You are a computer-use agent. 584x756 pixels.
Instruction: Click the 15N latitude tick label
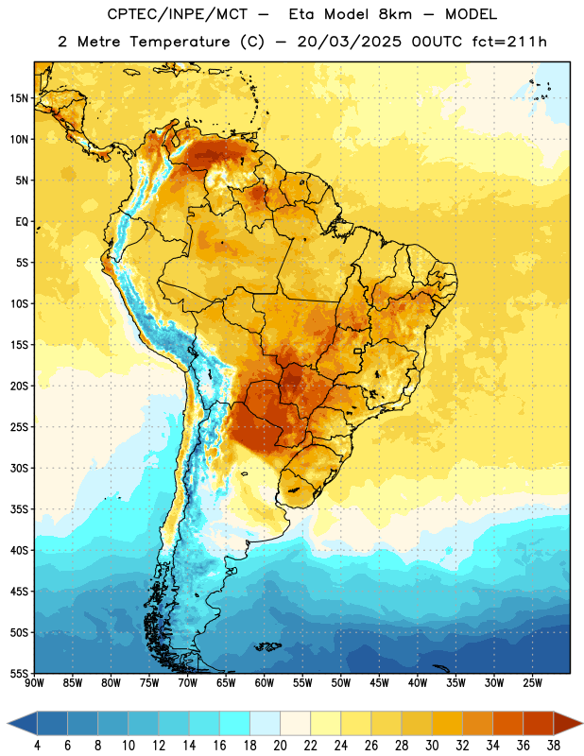19,98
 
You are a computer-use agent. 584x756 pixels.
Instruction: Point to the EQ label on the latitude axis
22,222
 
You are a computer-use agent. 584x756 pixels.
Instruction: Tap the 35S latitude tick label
19,509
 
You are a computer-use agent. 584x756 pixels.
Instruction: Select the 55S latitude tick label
19,674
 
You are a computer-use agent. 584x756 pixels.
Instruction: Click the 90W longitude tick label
34,683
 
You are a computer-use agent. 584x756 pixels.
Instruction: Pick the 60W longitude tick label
265,683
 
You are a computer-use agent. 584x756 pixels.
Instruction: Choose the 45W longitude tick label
379,683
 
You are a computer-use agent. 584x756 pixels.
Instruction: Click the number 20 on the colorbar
280,746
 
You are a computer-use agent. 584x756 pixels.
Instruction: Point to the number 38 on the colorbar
554,746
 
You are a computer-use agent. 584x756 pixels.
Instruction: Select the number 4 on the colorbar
37,746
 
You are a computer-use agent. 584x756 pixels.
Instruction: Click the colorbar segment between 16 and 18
235,723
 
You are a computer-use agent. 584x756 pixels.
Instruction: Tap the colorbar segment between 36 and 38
539,723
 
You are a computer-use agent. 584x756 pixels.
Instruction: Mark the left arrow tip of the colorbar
8,723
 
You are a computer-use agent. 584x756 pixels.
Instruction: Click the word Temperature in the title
180,42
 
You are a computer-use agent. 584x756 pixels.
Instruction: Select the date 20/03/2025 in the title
349,42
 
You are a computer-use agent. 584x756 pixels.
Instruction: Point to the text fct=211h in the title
509,42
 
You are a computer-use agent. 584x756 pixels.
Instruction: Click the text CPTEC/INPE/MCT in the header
178,14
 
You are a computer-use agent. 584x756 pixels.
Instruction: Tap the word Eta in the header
301,14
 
